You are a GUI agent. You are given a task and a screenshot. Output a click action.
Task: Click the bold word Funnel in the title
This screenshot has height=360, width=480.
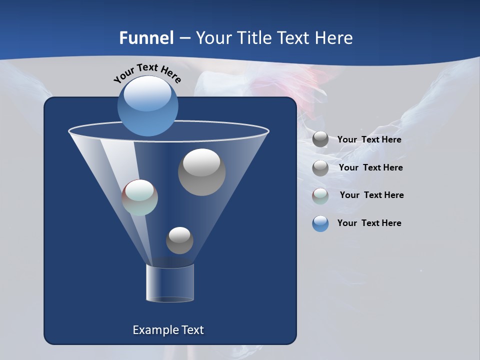146,38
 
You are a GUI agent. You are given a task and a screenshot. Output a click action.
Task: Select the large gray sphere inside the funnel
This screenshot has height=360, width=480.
201,172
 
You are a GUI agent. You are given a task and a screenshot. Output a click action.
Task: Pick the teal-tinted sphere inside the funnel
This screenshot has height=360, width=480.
140,197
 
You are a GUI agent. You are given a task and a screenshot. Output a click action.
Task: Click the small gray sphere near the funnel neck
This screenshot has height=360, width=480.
179,240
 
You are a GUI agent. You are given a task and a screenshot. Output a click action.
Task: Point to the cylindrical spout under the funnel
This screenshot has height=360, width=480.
169,283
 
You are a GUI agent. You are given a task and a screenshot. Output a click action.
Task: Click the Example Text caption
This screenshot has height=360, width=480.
168,330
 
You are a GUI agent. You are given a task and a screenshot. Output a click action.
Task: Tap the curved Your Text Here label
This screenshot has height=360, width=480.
147,73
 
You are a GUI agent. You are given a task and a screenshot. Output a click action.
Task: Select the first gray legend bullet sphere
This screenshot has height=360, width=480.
320,139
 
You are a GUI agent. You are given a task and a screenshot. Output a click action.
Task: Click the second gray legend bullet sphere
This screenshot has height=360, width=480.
320,168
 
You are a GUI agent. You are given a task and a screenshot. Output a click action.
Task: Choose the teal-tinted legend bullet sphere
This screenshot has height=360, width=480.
320,196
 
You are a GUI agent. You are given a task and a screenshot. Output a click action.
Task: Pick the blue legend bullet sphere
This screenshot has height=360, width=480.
320,223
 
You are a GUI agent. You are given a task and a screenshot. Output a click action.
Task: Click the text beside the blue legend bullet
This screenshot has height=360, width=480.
369,223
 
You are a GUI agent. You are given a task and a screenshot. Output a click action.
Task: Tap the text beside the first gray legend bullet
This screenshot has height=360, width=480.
369,139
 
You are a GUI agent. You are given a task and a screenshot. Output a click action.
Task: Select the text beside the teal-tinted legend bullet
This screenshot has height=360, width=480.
371,195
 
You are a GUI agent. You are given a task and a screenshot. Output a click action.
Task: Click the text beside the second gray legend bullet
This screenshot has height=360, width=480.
370,167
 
